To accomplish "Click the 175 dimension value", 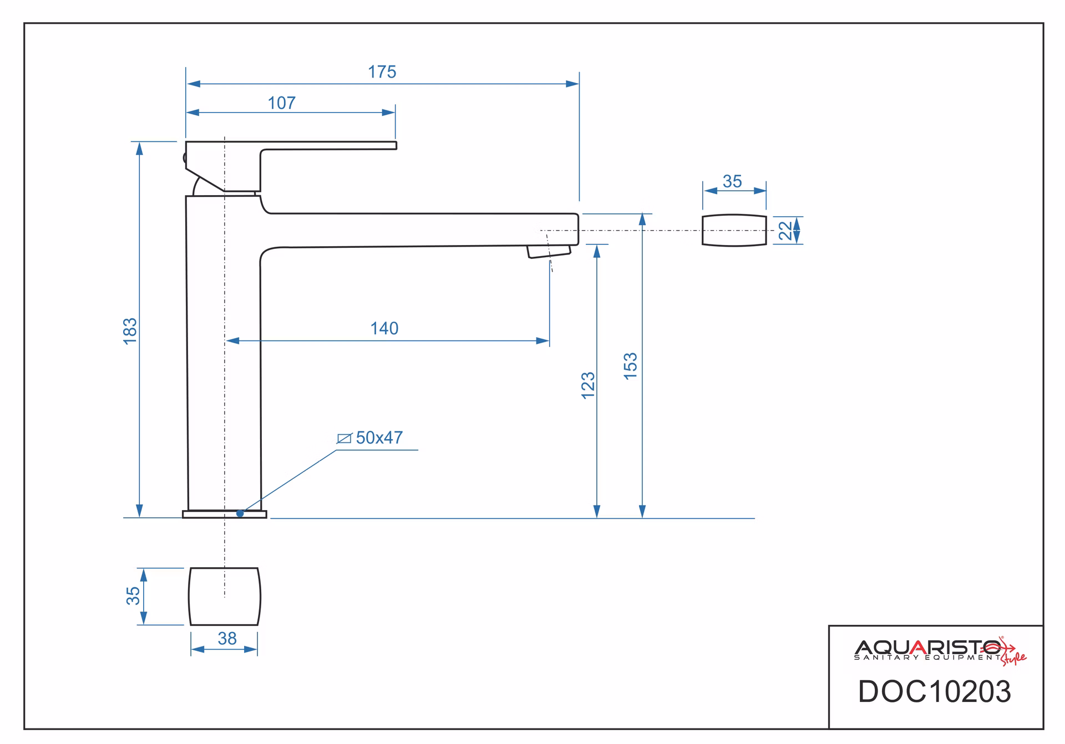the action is click(382, 72).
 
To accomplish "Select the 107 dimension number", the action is click(282, 103).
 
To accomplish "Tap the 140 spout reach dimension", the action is click(384, 329).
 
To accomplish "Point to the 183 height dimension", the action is click(130, 331).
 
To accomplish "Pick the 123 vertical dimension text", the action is click(588, 385).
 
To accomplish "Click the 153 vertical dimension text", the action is click(631, 366).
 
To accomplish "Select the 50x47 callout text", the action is click(379, 438).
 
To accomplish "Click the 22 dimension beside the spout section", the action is click(785, 231).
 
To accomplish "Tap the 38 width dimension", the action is click(227, 639).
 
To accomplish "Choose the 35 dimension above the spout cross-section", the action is click(732, 181).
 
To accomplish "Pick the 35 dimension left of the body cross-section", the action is click(133, 596).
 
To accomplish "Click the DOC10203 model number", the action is click(935, 692).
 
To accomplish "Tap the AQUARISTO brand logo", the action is click(940, 650).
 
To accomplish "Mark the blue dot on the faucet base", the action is click(240, 513).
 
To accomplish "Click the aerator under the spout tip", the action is click(549, 252).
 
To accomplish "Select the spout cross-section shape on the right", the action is click(734, 230).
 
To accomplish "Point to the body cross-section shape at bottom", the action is click(224, 597).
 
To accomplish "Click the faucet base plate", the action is click(225, 514).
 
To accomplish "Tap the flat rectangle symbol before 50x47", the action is click(344, 439).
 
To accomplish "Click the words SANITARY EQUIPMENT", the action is click(927, 658).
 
